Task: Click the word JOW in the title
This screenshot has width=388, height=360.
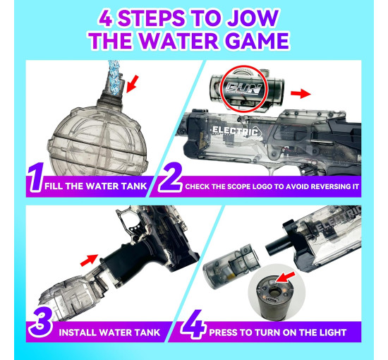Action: pos(253,18)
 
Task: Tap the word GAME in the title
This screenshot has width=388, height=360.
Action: pos(257,41)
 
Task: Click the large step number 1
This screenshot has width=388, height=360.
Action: pos(36,177)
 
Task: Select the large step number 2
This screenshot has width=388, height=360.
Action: pos(171,177)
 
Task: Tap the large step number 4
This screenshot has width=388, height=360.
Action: pos(193,324)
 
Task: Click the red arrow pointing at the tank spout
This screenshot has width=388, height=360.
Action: pos(133,84)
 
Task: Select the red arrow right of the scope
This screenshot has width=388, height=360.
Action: pos(301,94)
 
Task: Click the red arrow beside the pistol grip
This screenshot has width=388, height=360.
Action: pos(89,260)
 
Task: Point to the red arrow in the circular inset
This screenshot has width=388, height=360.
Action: pos(285,277)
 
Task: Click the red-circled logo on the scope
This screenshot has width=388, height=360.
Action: pos(244,89)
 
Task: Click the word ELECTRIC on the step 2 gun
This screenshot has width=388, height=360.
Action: pos(235,131)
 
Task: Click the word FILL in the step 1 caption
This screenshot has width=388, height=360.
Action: pos(54,186)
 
